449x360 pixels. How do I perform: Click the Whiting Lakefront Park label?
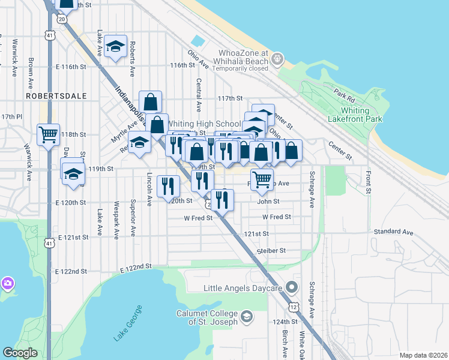point(361,115)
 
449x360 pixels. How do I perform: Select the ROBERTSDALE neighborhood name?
point(56,96)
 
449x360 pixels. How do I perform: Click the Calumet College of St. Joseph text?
point(206,317)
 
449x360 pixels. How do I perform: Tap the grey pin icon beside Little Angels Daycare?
point(292,287)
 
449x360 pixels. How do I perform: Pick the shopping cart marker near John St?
point(262,178)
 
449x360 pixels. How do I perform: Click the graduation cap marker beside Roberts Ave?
point(115,47)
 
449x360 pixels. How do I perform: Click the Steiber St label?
point(271,251)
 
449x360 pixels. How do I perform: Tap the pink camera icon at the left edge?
point(7,283)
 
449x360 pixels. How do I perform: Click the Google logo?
point(20,353)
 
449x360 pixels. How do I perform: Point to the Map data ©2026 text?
point(423,355)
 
